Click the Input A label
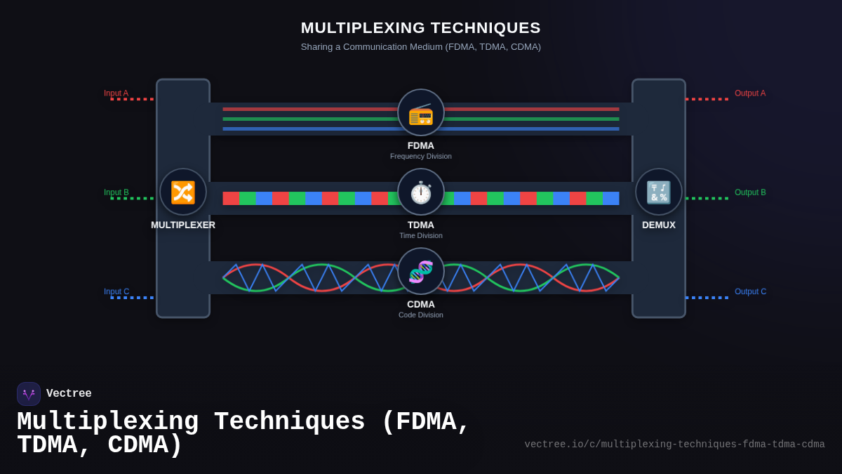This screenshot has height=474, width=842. pyautogui.click(x=116, y=93)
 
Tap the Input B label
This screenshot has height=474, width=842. pyautogui.click(x=116, y=192)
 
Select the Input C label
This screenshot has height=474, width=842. pyautogui.click(x=116, y=291)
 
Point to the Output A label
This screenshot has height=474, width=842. pyautogui.click(x=750, y=93)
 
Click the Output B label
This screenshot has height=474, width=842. pyautogui.click(x=750, y=192)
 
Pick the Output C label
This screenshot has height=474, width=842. pyautogui.click(x=750, y=291)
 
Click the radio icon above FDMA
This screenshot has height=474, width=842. pyautogui.click(x=421, y=112)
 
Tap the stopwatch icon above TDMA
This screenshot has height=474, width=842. pyautogui.click(x=421, y=192)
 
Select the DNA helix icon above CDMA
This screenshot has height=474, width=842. pyautogui.click(x=421, y=271)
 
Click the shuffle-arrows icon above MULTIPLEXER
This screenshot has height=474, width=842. pyautogui.click(x=183, y=192)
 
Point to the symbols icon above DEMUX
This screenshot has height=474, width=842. pyautogui.click(x=659, y=192)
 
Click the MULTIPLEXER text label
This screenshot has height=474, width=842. pyautogui.click(x=183, y=225)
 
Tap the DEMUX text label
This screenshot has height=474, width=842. pyautogui.click(x=659, y=225)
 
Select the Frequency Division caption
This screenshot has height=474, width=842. pyautogui.click(x=421, y=156)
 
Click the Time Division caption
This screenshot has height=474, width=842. pyautogui.click(x=421, y=235)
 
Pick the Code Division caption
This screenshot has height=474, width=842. pyautogui.click(x=421, y=315)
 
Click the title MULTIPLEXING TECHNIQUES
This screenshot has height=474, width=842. pyautogui.click(x=421, y=27)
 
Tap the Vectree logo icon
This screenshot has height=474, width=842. pyautogui.click(x=29, y=394)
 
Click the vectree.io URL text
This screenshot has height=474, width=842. pyautogui.click(x=674, y=445)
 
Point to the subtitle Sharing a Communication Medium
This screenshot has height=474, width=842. pyautogui.click(x=421, y=47)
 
